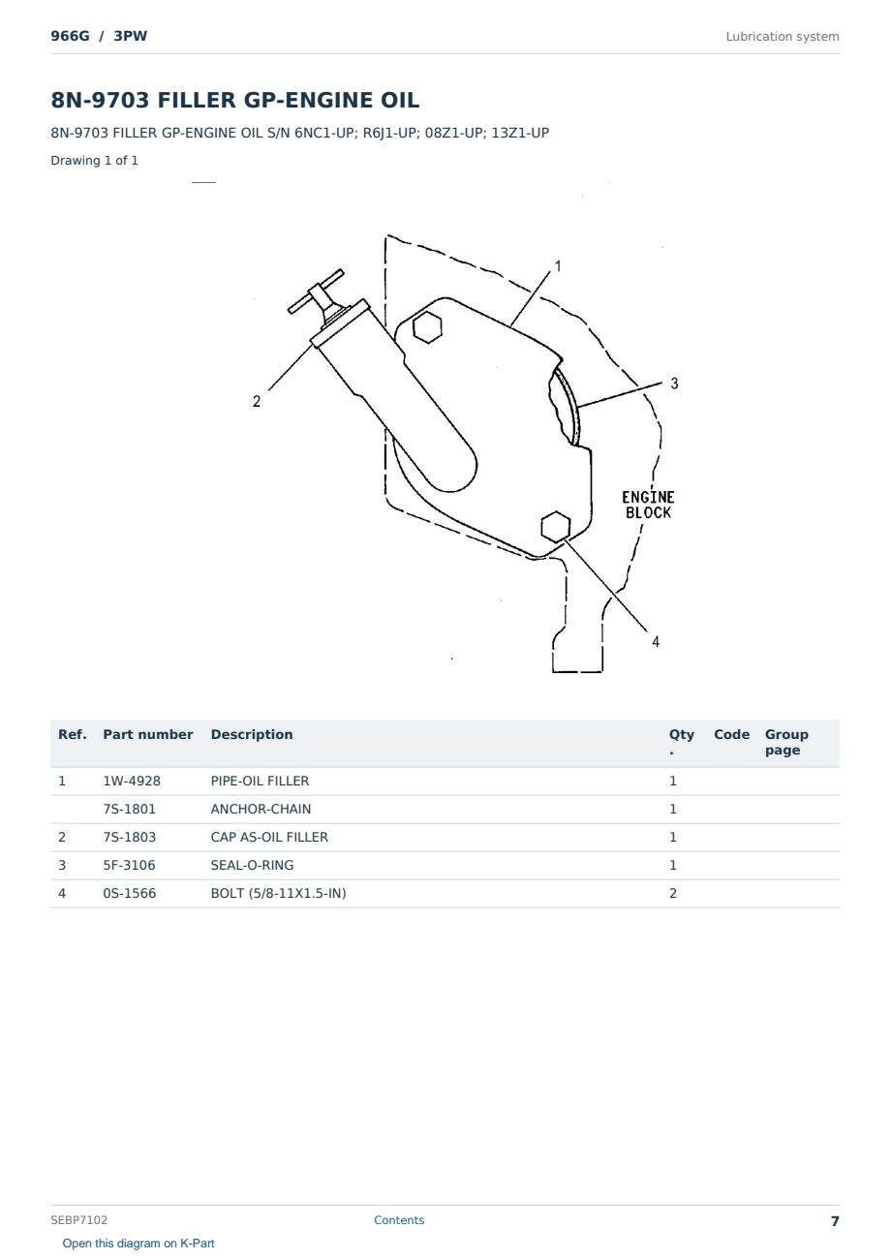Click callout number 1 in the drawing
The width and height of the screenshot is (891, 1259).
[x=558, y=266]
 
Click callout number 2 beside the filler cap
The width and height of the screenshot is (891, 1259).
[x=257, y=401]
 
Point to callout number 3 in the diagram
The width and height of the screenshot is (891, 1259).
[x=674, y=384]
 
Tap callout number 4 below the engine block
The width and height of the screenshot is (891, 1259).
[x=656, y=641]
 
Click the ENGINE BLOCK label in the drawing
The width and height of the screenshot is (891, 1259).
[x=648, y=505]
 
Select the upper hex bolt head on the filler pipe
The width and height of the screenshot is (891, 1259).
[x=427, y=327]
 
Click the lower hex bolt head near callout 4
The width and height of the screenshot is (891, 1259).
[x=555, y=527]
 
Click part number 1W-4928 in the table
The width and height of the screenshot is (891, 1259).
[x=132, y=781]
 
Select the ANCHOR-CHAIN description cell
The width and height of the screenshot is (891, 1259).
[x=261, y=809]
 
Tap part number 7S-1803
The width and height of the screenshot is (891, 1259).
[x=130, y=837]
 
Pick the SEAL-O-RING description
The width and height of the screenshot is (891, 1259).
[x=252, y=865]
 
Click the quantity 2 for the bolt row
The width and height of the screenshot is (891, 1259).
[x=673, y=893]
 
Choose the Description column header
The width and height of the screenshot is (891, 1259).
[x=252, y=734]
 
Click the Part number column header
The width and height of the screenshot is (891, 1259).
[x=148, y=734]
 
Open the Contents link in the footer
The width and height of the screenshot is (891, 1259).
[x=399, y=1219]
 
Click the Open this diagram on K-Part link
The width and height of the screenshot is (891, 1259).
[x=138, y=1243]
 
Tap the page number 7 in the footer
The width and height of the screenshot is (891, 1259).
[x=835, y=1221]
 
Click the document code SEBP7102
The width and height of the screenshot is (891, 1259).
[x=78, y=1219]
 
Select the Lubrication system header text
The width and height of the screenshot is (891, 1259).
[x=783, y=37]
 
